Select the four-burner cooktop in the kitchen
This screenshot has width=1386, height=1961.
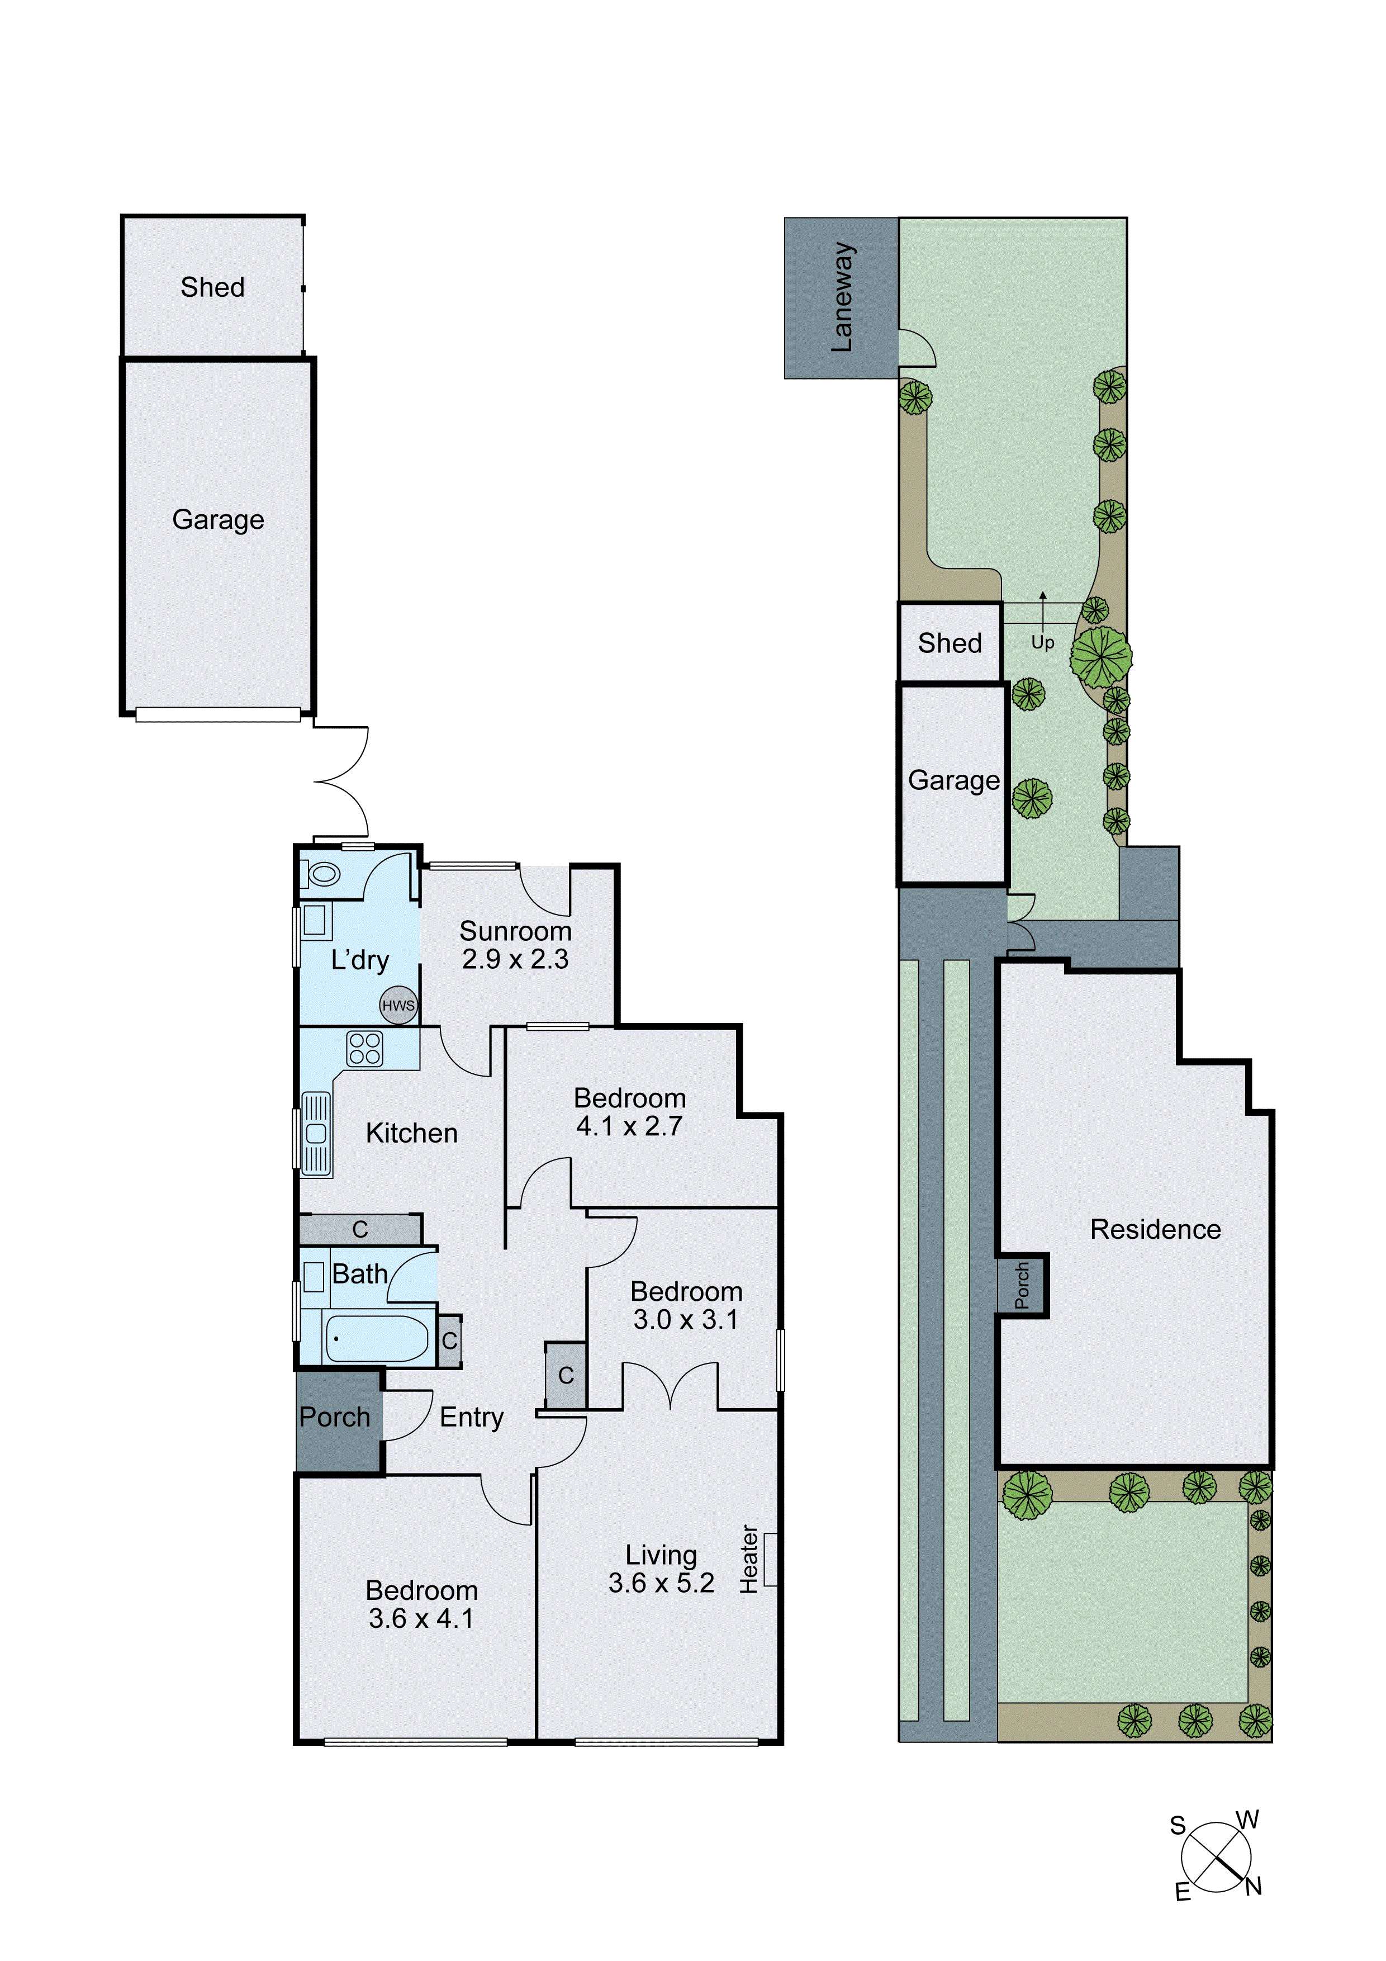point(364,1049)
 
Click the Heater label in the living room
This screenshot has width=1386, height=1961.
point(749,1560)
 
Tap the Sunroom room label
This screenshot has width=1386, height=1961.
point(515,931)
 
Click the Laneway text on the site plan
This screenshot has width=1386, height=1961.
point(842,297)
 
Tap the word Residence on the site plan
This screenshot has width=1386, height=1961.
point(1155,1229)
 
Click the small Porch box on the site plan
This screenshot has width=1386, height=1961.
point(1022,1285)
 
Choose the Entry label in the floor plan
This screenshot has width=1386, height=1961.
point(471,1417)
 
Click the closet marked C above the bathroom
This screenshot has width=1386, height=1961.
point(359,1229)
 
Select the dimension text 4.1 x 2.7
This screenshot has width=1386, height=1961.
point(629,1126)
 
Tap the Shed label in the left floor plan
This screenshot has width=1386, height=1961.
point(212,287)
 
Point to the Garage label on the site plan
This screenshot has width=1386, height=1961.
point(953,780)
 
